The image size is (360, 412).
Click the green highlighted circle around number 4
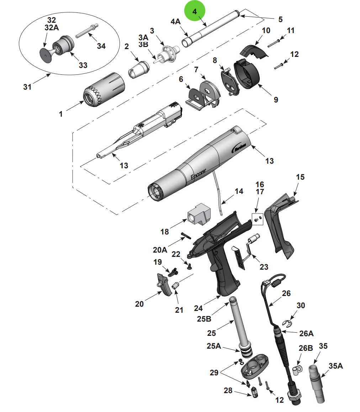click(195, 11)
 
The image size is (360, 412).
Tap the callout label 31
click(27, 86)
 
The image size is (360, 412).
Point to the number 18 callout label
click(164, 232)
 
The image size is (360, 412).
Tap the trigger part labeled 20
click(164, 284)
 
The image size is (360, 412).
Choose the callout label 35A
click(335, 366)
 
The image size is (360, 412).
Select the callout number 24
click(198, 308)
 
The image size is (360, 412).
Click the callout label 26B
click(305, 348)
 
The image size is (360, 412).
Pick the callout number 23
click(264, 266)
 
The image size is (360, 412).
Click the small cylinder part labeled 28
click(255, 393)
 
